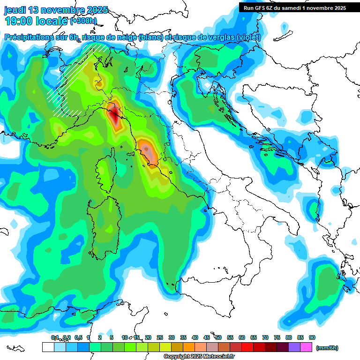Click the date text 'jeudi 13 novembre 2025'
[x=56, y=10]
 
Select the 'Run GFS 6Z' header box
[x=294, y=8]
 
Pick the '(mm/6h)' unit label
[x=327, y=348]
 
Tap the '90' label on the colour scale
[x=312, y=337]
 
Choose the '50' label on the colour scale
[x=218, y=337]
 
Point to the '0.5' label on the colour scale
[x=78, y=337]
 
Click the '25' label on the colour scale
[x=160, y=337]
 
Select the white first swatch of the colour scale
[x=48, y=347]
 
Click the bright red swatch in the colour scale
[x=247, y=347]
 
